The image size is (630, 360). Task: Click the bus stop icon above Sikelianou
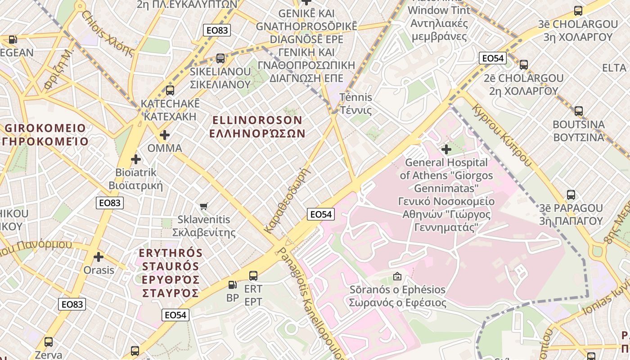pos(220,58)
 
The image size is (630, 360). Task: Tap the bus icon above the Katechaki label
pos(170,90)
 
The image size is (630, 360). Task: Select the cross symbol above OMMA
pos(165,135)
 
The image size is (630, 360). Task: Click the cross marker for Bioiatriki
pos(136,159)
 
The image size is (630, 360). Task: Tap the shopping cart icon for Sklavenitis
pos(204,207)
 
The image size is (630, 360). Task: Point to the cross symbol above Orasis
pos(99,257)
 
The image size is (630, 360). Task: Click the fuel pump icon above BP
pos(232,284)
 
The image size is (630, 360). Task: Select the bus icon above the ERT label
pos(253,275)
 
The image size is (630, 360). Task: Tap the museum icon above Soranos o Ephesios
pos(397,276)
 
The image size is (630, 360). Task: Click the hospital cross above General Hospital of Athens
pos(446,149)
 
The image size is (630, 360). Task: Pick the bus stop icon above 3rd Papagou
pos(571,195)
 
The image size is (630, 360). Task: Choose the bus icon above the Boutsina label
pos(579,111)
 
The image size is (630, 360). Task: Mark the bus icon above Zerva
pos(49,342)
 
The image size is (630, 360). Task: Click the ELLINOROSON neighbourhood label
pos(257,126)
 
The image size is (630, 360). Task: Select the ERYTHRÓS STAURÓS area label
pos(171,273)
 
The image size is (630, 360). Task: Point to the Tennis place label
pos(355,103)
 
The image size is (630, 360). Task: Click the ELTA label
pos(614,67)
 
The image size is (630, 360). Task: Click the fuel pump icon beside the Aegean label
pos(13,40)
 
